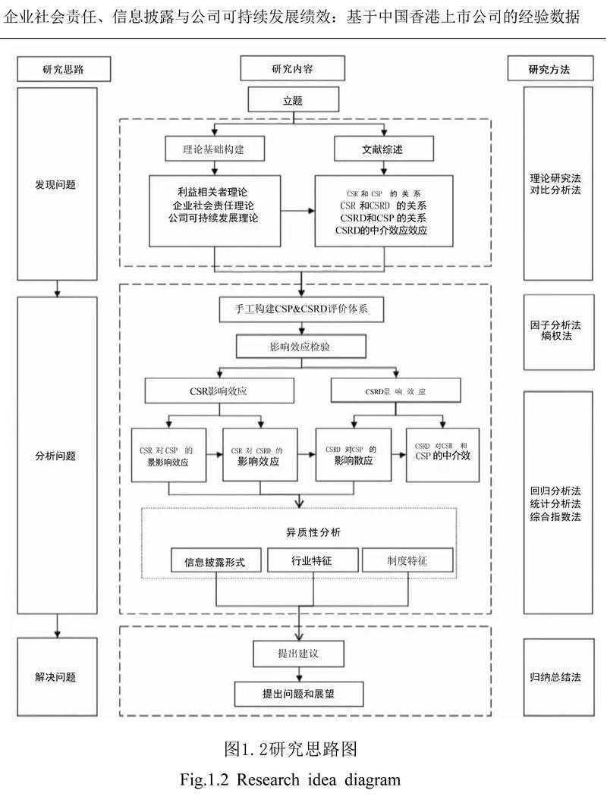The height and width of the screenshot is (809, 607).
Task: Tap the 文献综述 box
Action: coord(383,149)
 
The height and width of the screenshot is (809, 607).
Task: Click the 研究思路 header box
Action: coord(64,69)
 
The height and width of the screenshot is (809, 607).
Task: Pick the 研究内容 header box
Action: coord(292,69)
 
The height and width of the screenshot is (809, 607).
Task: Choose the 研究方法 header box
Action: coord(549,69)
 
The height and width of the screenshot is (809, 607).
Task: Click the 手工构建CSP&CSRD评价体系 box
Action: coord(303,309)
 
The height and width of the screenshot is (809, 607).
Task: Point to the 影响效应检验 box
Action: coord(301,346)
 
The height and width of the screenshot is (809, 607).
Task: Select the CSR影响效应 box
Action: coord(219,390)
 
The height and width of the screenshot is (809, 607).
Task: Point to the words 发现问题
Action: coord(55,184)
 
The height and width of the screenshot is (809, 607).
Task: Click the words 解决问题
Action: coord(55,677)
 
